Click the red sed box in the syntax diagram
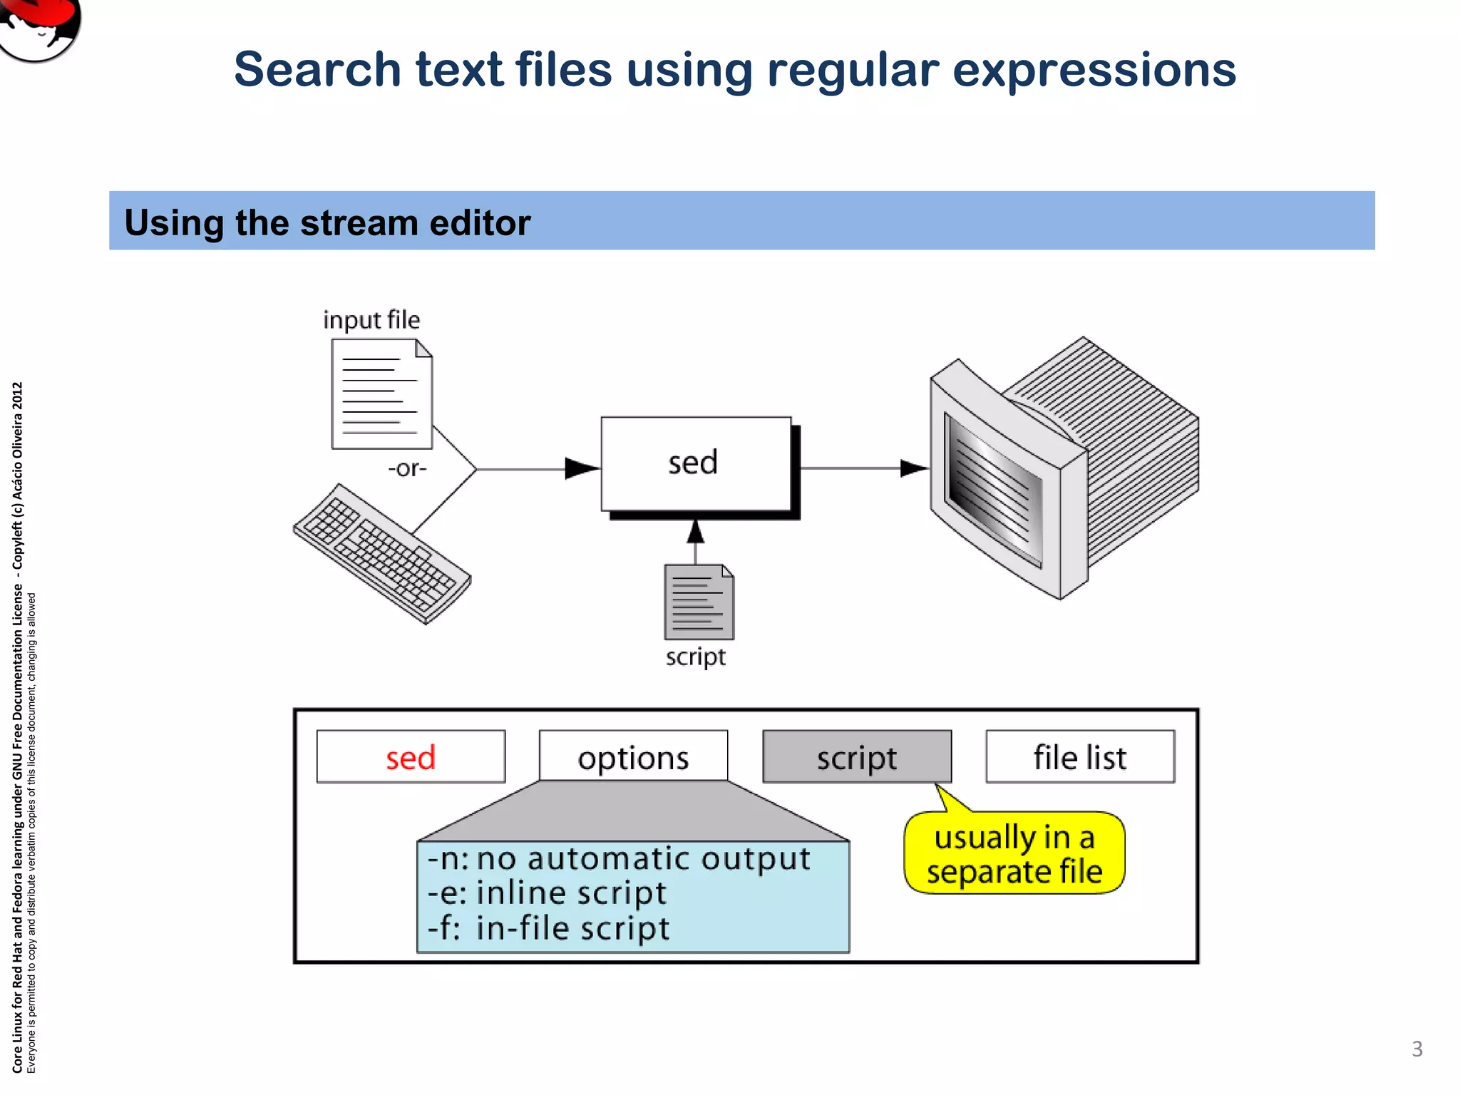pyautogui.click(x=411, y=756)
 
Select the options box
pyautogui.click(x=633, y=756)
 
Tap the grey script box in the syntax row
pyautogui.click(x=857, y=756)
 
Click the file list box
pyautogui.click(x=1080, y=756)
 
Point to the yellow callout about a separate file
pyautogui.click(x=1014, y=853)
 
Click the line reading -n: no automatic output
pyautogui.click(x=619, y=859)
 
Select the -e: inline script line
pyautogui.click(x=547, y=893)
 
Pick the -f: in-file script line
pyautogui.click(x=549, y=928)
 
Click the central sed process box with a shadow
pyautogui.click(x=695, y=463)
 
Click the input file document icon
pyautogui.click(x=381, y=394)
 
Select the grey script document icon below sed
pyautogui.click(x=699, y=602)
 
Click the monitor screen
pyautogui.click(x=993, y=488)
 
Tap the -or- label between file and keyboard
pyautogui.click(x=407, y=468)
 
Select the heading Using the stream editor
pyautogui.click(x=327, y=222)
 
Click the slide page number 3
pyautogui.click(x=1417, y=1049)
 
